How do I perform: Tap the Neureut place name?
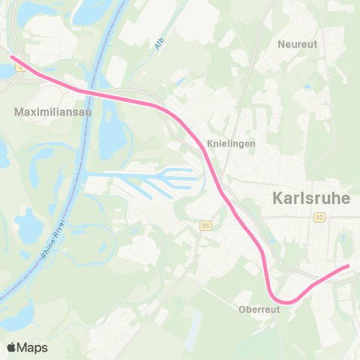[x=298, y=44]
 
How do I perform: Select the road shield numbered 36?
[x=206, y=225]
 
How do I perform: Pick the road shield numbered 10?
[x=319, y=217]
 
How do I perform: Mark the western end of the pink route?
[x=12, y=57]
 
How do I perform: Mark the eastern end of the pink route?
[x=347, y=266]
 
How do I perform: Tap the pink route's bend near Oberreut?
[x=281, y=299]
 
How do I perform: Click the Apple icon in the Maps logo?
[x=11, y=346]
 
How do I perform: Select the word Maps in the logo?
[x=33, y=347]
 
